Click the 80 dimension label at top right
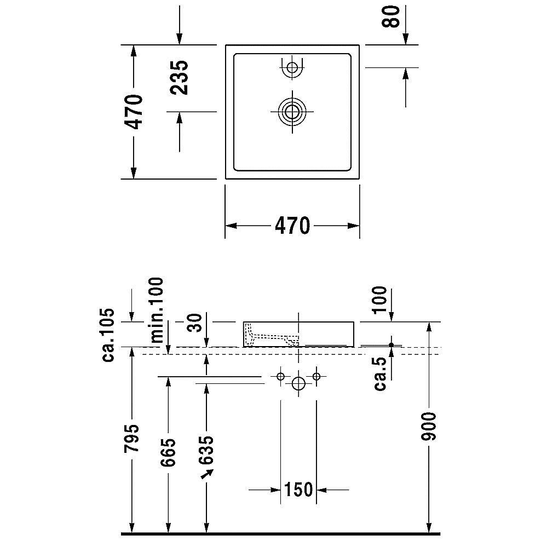click(x=391, y=17)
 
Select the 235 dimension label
click(x=180, y=77)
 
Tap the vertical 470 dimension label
click(x=134, y=112)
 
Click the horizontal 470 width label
click(x=292, y=226)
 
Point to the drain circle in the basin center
click(x=292, y=112)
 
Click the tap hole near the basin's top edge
click(x=292, y=67)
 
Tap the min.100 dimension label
click(x=157, y=310)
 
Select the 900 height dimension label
click(x=429, y=427)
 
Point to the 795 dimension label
click(x=131, y=438)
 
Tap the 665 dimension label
click(x=168, y=452)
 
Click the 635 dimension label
click(x=206, y=450)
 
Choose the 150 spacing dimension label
click(x=298, y=489)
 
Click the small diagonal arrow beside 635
click(x=208, y=474)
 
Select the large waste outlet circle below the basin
click(x=298, y=384)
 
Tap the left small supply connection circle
click(x=280, y=376)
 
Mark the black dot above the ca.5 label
click(x=391, y=344)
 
